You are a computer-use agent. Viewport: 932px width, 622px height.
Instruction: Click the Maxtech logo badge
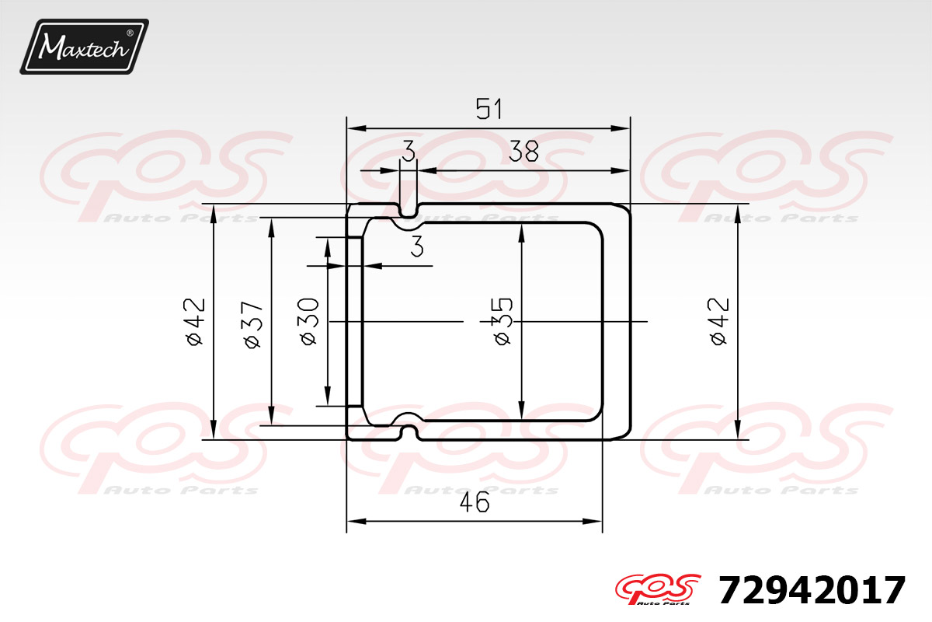(85, 47)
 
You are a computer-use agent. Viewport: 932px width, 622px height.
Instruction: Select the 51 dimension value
(489, 109)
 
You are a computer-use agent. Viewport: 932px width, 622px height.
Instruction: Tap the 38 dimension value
(523, 151)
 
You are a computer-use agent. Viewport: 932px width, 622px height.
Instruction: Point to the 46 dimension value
(475, 502)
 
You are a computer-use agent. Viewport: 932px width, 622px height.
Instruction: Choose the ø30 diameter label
(309, 322)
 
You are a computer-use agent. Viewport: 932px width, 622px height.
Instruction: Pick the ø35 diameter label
(503, 321)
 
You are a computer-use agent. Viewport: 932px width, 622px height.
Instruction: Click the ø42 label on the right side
(719, 321)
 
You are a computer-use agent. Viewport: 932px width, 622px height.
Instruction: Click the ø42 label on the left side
(195, 322)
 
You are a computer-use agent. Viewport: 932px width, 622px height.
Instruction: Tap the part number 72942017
(812, 590)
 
